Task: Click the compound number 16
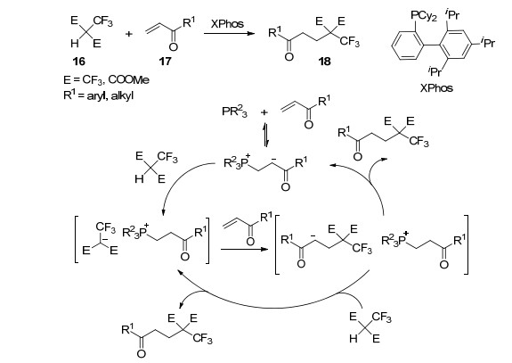pos(79,62)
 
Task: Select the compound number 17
pos(165,62)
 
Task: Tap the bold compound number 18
pos(325,62)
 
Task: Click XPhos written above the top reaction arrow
pos(227,24)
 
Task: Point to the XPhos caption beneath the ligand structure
pos(436,88)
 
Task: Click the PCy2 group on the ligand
pos(424,16)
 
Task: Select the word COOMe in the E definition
pos(128,79)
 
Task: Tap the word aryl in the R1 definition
pos(96,96)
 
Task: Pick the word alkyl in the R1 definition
pos(123,96)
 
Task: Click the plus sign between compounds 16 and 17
pos(129,34)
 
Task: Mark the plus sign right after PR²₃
pos(264,112)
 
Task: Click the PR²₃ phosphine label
pos(234,111)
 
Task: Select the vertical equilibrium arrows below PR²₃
pos(265,135)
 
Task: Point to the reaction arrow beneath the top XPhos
pos(229,33)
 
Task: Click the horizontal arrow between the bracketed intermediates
pos(244,250)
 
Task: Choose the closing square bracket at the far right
pos(467,244)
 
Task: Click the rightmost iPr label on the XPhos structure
pos(487,42)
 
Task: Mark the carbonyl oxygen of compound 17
pos(174,46)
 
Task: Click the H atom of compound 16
pos(75,43)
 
